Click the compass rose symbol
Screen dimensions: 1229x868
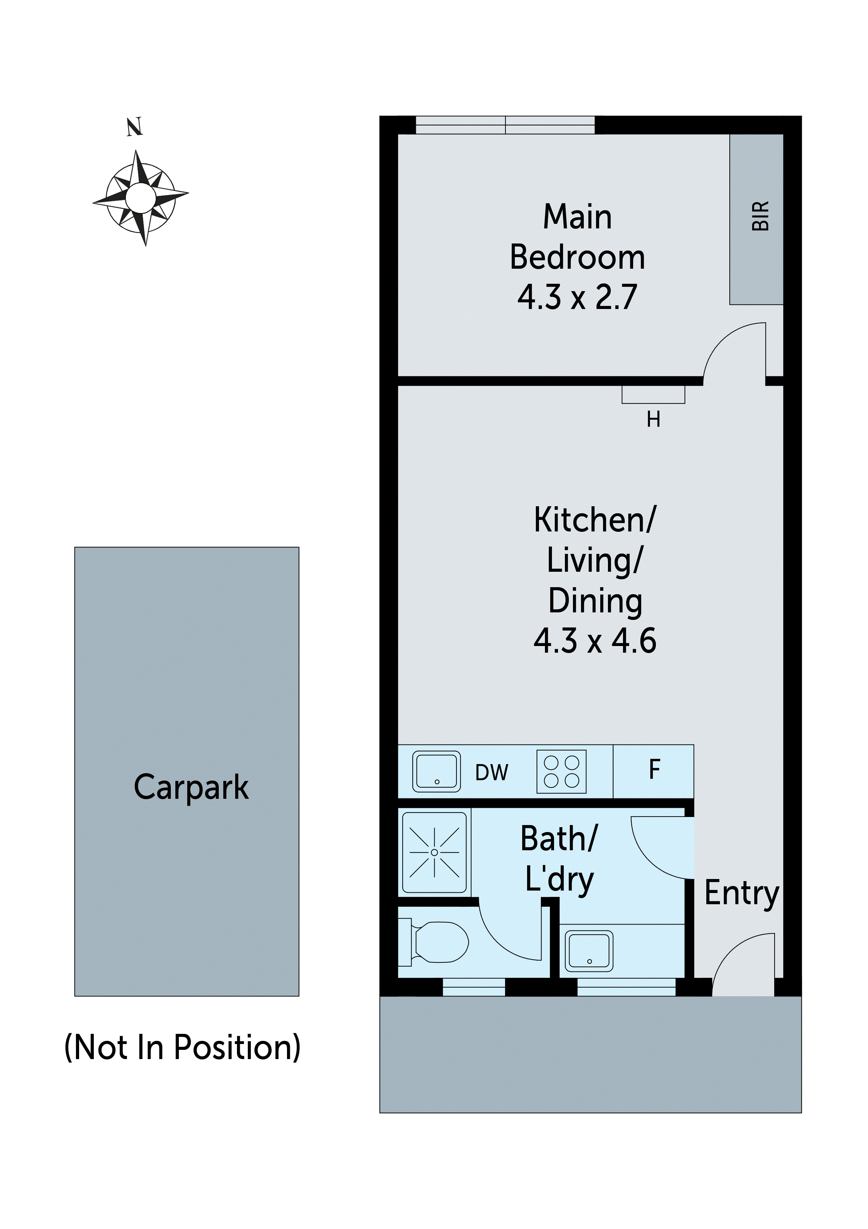141,198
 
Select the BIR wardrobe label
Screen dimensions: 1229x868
760,216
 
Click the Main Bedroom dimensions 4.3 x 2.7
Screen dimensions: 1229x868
577,297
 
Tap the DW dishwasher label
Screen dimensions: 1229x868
491,773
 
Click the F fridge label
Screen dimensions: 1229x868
654,770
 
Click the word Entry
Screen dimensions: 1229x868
741,894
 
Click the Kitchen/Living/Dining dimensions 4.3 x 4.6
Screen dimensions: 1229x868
595,641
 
